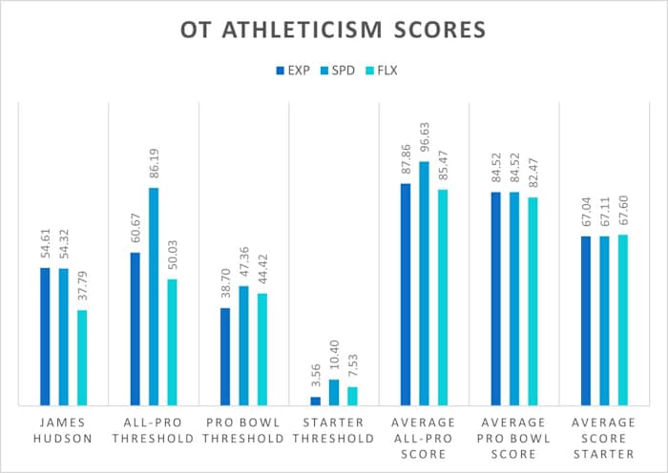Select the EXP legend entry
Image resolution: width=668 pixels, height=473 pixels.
click(289, 70)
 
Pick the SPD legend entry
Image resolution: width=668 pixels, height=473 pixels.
click(337, 70)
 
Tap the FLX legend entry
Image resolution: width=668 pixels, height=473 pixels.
click(385, 70)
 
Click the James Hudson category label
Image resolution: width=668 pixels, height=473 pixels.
click(63, 429)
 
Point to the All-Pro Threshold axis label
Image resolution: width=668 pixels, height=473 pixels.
click(154, 429)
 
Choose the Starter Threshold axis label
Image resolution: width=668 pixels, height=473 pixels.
click(334, 429)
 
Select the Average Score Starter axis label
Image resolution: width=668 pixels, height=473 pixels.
click(604, 437)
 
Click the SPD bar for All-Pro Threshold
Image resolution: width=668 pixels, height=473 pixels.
click(154, 297)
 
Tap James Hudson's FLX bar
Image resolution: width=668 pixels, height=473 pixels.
click(82, 358)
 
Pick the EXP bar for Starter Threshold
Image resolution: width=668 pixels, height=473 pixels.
click(316, 401)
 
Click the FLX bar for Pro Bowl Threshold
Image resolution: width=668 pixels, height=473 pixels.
click(262, 349)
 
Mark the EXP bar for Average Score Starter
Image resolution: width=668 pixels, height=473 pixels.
click(586, 320)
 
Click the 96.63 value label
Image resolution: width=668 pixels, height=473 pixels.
click(425, 139)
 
